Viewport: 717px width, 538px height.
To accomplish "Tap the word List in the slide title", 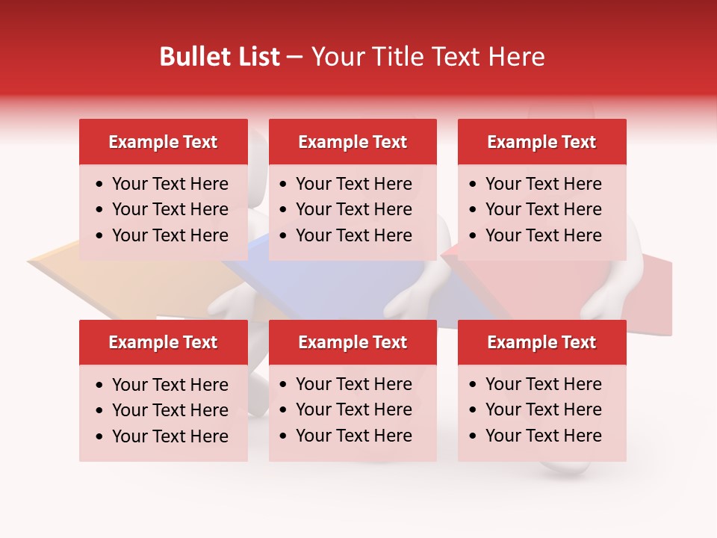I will click(257, 57).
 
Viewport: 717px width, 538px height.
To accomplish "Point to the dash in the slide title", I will click(294, 58).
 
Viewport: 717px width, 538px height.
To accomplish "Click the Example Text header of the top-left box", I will click(163, 142).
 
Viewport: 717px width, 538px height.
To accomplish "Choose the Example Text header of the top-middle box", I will click(353, 142).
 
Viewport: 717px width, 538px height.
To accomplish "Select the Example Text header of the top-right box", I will click(541, 142).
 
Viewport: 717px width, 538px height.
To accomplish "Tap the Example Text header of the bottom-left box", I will click(163, 342).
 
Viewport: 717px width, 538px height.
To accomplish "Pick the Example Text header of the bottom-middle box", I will click(353, 342).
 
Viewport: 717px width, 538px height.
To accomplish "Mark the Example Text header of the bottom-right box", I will click(541, 342).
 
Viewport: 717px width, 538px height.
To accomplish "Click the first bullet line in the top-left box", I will click(170, 184).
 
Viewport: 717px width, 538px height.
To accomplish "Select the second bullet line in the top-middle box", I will click(353, 209).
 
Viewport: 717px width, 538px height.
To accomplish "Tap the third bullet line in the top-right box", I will click(543, 235).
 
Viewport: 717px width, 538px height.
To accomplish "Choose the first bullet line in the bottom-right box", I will click(543, 384).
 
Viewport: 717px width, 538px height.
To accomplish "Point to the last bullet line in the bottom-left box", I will click(170, 436).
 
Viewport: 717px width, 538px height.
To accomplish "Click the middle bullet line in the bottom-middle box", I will click(353, 409).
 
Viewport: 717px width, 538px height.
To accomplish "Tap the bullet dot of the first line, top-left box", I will click(100, 185).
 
